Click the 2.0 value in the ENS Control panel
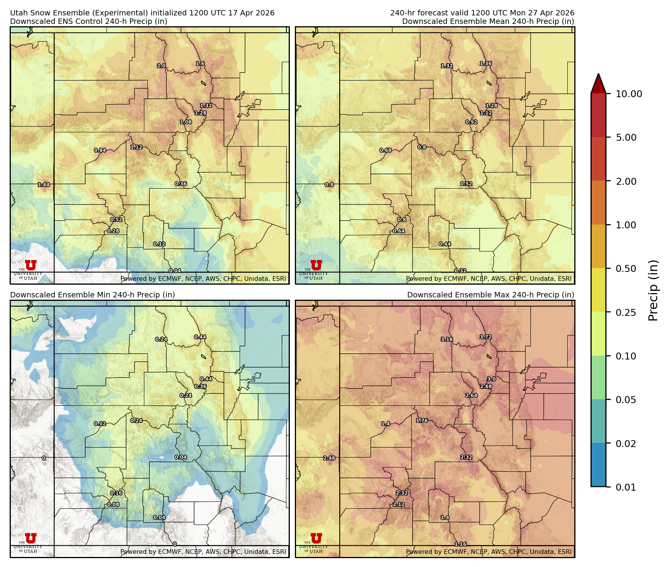click(x=161, y=66)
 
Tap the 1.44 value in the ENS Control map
click(x=44, y=185)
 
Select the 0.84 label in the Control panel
click(x=100, y=150)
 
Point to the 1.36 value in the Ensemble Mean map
click(x=486, y=64)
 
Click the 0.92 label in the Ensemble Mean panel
click(x=471, y=122)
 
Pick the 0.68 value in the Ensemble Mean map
click(x=386, y=150)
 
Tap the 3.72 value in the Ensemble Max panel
click(x=486, y=337)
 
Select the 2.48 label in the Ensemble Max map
click(x=329, y=458)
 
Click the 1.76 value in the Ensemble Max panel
click(x=422, y=420)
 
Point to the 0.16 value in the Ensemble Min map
click(x=116, y=493)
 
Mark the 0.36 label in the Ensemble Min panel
click(x=200, y=386)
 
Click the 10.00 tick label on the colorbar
click(x=629, y=94)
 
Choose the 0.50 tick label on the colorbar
click(x=626, y=269)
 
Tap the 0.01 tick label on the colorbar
click(x=626, y=487)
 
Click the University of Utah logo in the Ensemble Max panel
click(x=316, y=538)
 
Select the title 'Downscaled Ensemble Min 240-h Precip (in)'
click(x=93, y=295)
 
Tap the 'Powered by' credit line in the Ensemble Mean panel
click(x=489, y=278)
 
